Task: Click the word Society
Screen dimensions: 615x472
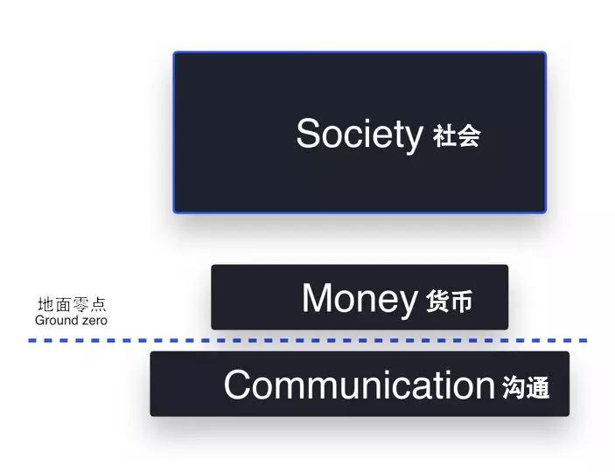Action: tap(360, 135)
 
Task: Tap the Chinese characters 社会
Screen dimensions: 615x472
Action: tap(457, 135)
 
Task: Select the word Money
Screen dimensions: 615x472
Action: tap(360, 299)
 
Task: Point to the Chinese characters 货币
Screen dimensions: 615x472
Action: tap(450, 301)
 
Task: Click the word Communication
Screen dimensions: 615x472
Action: tap(360, 385)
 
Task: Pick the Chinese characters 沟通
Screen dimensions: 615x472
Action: tap(526, 387)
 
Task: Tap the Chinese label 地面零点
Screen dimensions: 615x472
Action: tap(72, 304)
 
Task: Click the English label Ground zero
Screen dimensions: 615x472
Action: tap(71, 320)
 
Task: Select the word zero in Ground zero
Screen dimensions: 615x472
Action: tap(92, 321)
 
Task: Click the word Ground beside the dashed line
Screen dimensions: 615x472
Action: tap(54, 320)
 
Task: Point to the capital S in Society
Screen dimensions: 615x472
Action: tap(309, 134)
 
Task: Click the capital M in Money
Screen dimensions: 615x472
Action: tap(316, 297)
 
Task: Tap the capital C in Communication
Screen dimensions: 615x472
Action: tap(238, 385)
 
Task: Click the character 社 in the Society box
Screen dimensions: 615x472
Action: tap(444, 135)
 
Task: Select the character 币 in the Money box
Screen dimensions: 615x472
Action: tap(461, 302)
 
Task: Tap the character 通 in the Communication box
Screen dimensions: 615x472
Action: tap(538, 387)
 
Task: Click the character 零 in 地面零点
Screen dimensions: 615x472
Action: tap(80, 304)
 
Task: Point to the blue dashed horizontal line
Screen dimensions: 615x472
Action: tap(308, 340)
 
